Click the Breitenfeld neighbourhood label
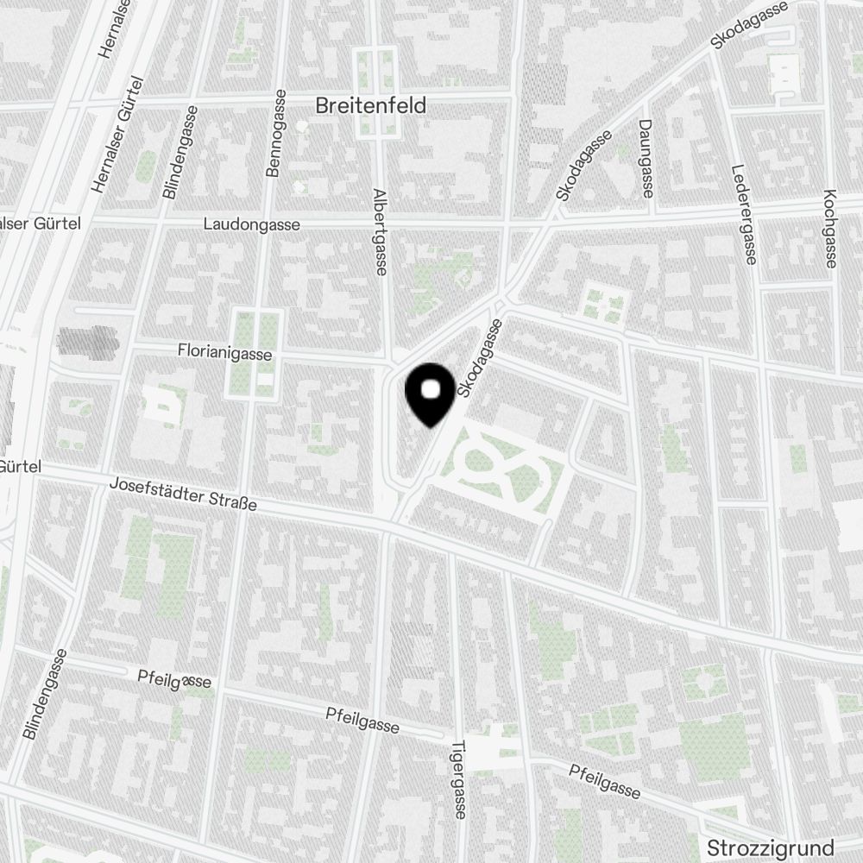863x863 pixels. (371, 106)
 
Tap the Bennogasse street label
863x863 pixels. (276, 134)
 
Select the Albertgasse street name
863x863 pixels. (379, 232)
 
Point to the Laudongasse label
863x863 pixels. (252, 224)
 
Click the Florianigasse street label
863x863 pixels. (224, 352)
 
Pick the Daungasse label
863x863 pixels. (646, 159)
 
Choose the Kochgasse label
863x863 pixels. (830, 228)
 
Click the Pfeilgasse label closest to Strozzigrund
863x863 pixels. (604, 781)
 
